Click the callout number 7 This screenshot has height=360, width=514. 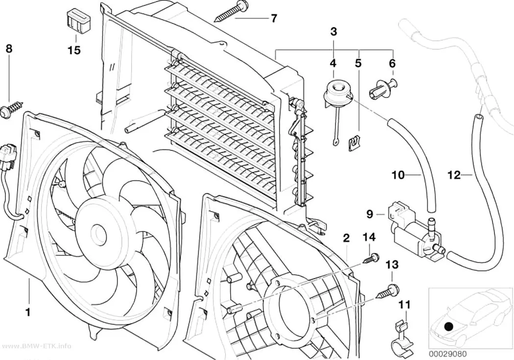pos(274,18)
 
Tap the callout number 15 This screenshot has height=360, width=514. pos(74,50)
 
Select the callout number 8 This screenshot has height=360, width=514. pos(9,48)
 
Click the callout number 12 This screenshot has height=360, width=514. pos(454,175)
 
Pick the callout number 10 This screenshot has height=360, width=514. pos(398,175)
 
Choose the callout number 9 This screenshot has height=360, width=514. pos(370,215)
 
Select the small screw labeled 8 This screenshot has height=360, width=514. pos(12,108)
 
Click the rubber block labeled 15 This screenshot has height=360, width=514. pos(76,21)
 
